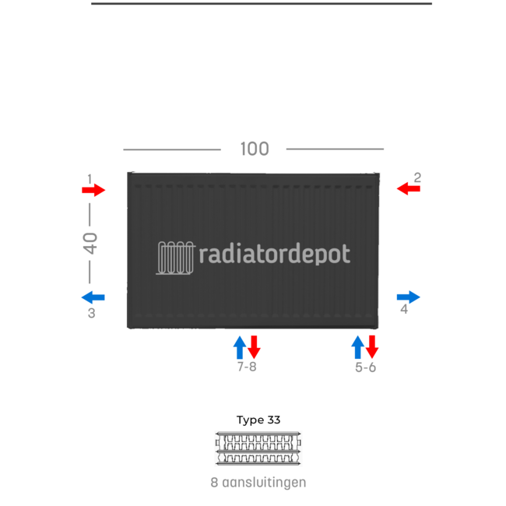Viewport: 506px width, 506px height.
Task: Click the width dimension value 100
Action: pyautogui.click(x=255, y=149)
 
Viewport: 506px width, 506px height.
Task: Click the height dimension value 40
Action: pyautogui.click(x=90, y=243)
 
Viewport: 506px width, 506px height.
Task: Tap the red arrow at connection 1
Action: pyautogui.click(x=93, y=190)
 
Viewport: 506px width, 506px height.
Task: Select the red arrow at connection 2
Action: pyautogui.click(x=408, y=188)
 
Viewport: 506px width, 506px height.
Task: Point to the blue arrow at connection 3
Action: pyautogui.click(x=93, y=297)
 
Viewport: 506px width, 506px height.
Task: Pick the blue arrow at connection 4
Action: pyautogui.click(x=408, y=297)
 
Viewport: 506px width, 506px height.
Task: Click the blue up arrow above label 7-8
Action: pyautogui.click(x=240, y=347)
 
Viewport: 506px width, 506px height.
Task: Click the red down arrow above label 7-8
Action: pyautogui.click(x=254, y=347)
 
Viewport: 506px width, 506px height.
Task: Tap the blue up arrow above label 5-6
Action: pyautogui.click(x=358, y=347)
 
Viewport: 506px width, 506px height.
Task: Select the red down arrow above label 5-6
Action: pyautogui.click(x=372, y=347)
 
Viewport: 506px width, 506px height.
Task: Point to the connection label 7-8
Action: pyautogui.click(x=247, y=367)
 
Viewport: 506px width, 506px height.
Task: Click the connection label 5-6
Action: pyautogui.click(x=366, y=367)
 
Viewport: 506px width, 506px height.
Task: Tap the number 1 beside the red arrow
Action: pyautogui.click(x=90, y=179)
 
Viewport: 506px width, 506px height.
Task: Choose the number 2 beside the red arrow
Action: pyautogui.click(x=417, y=177)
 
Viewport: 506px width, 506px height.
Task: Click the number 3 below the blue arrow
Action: pyautogui.click(x=92, y=314)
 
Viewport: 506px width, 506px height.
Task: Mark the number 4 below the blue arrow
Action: pyautogui.click(x=404, y=309)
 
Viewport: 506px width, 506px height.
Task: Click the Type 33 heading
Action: pyautogui.click(x=258, y=420)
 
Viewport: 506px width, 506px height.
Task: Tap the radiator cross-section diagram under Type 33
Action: pyautogui.click(x=258, y=448)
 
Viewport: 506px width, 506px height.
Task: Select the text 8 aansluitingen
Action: pyautogui.click(x=258, y=483)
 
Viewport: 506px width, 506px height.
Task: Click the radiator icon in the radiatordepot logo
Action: pyautogui.click(x=176, y=258)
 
